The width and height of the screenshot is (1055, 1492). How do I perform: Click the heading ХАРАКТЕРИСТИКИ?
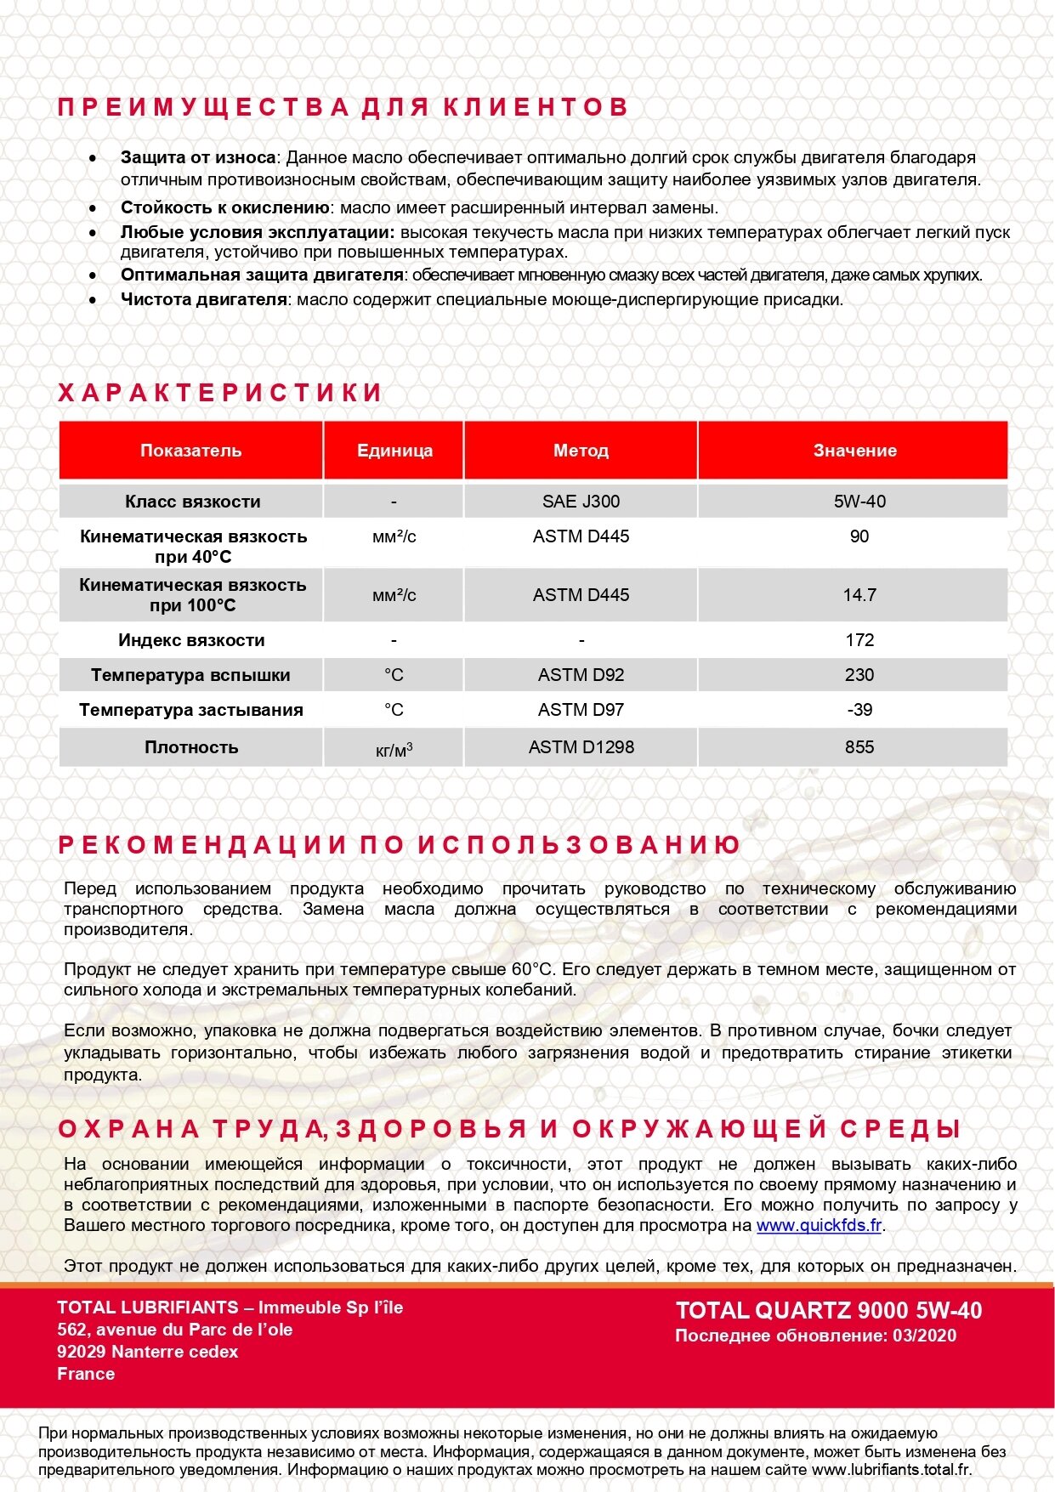pos(220,393)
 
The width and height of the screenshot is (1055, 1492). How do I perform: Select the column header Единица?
pos(394,451)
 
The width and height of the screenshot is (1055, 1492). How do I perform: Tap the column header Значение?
pos(854,451)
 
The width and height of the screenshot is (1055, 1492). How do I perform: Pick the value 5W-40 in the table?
pos(859,502)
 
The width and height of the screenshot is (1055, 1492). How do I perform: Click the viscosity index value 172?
pos(859,640)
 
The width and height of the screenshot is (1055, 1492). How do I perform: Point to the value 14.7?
pos(859,595)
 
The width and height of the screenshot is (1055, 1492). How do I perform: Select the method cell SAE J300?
pos(581,502)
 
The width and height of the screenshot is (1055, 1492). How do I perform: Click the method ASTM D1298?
pos(581,747)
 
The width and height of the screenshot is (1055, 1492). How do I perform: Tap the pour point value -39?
pos(859,710)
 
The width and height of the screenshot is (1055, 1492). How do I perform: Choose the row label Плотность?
pos(191,748)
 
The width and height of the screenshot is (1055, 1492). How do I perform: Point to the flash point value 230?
pos(859,675)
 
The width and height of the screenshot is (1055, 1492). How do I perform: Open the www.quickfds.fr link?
pos(819,1226)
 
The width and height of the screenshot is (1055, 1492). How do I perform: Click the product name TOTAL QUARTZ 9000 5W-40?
pos(829,1311)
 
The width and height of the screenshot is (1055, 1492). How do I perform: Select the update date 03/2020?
pos(924,1336)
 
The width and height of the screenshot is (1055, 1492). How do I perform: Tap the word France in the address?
pos(86,1374)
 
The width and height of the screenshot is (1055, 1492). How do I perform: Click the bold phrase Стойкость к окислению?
pos(224,207)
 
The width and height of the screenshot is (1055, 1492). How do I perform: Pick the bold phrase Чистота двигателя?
pos(204,299)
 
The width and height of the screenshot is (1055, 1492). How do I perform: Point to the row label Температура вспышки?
pos(190,676)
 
